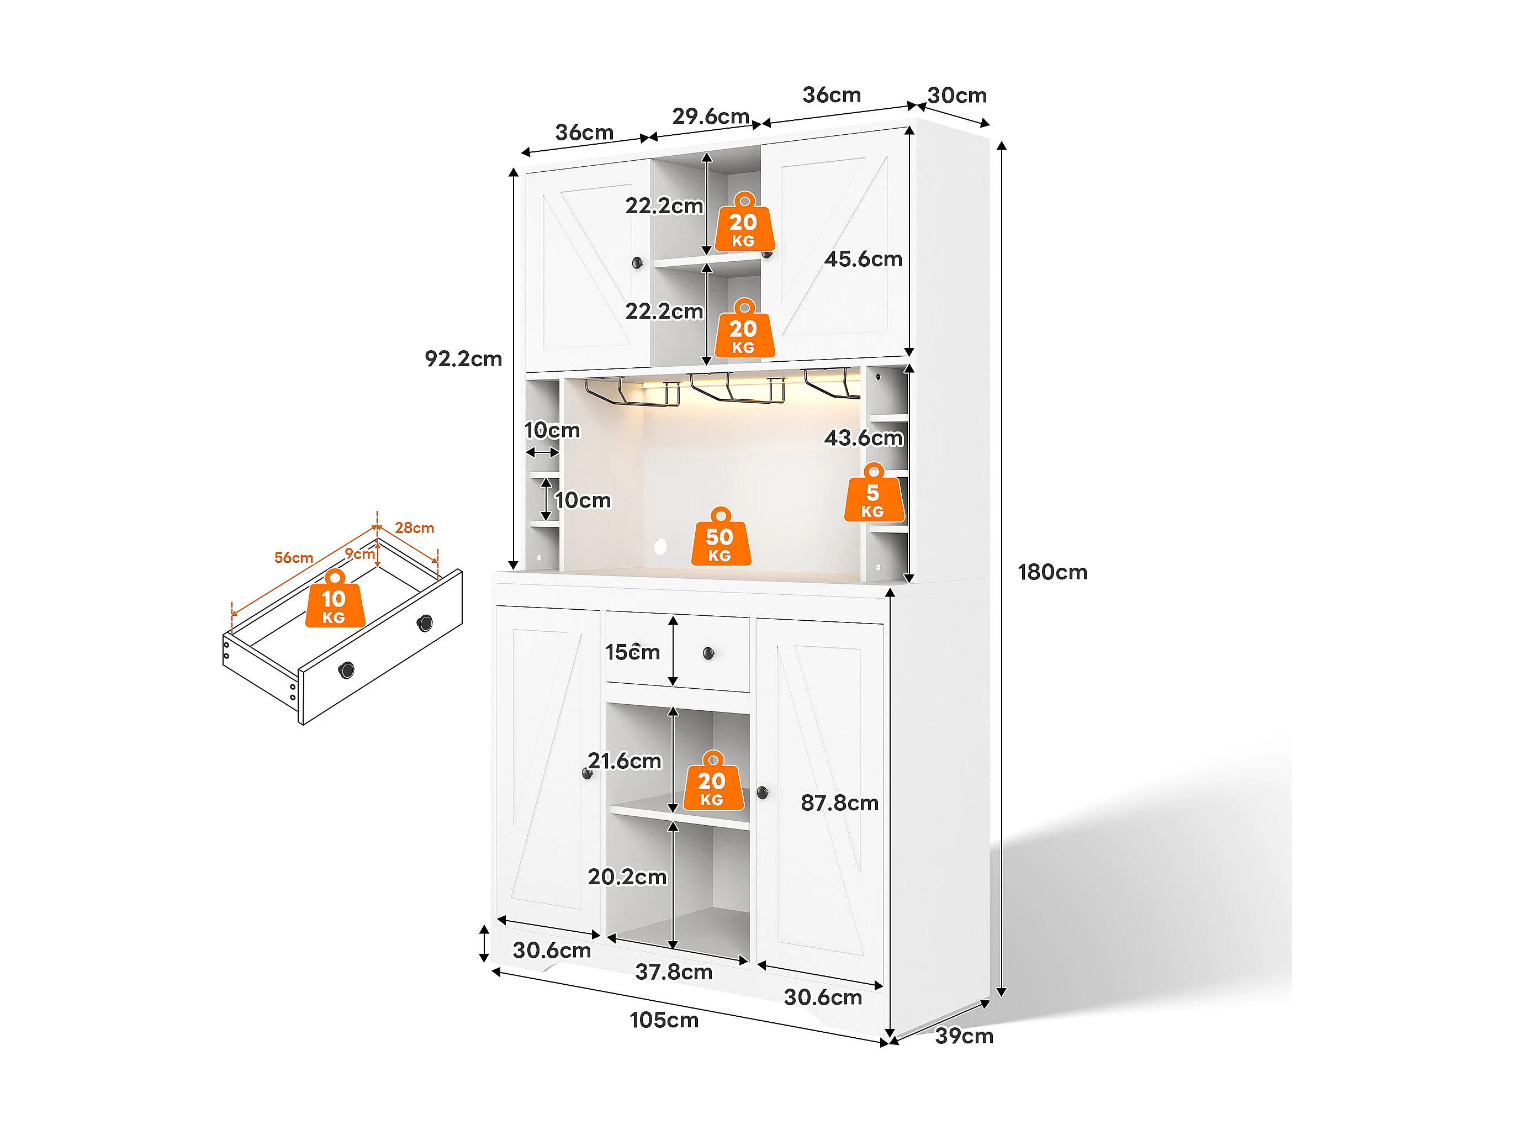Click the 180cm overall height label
click(x=1052, y=572)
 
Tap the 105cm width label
click(x=664, y=1020)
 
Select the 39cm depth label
click(x=964, y=1036)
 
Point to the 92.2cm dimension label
click(x=463, y=358)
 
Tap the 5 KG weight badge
click(x=874, y=493)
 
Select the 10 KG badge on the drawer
click(x=335, y=599)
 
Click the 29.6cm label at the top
click(x=711, y=117)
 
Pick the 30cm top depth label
click(x=957, y=95)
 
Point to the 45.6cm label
click(x=863, y=259)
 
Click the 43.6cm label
click(x=863, y=438)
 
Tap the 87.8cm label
click(x=839, y=803)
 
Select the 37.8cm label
click(x=674, y=972)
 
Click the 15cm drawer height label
click(x=633, y=652)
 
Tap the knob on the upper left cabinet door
click(x=637, y=262)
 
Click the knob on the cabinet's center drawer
click(x=708, y=653)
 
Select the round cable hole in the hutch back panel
click(x=660, y=546)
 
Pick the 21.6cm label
click(x=625, y=761)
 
